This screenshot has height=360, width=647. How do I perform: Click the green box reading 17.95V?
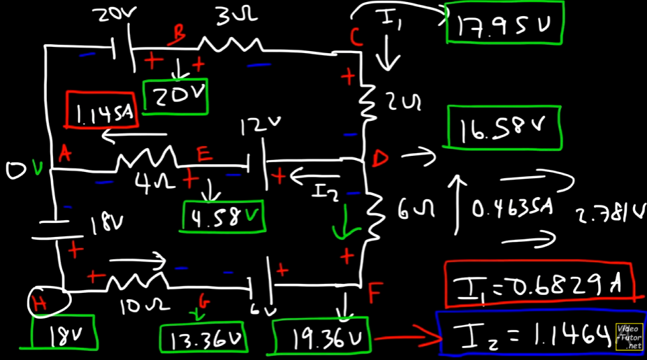pyautogui.click(x=503, y=24)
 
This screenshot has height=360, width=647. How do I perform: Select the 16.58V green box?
pyautogui.click(x=503, y=128)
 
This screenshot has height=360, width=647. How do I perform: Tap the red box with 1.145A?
pyautogui.click(x=102, y=110)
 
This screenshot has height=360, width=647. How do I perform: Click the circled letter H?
pyautogui.click(x=48, y=302)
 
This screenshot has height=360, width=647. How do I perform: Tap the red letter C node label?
pyautogui.click(x=356, y=37)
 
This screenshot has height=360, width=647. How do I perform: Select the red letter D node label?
pyautogui.click(x=379, y=159)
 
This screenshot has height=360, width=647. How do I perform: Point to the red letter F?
pyautogui.click(x=375, y=294)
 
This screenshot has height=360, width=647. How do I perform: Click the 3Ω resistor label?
pyautogui.click(x=228, y=18)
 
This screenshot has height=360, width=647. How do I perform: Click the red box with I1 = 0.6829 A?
pyautogui.click(x=537, y=284)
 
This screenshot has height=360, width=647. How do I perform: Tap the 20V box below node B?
pyautogui.click(x=175, y=96)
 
